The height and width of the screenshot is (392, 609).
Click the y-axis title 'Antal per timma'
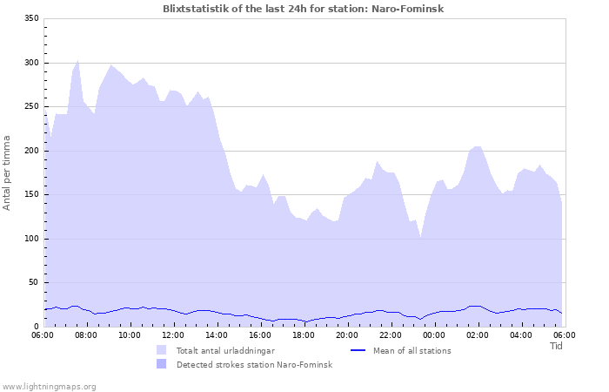(x=8, y=172)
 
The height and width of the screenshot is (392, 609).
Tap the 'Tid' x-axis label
(x=557, y=346)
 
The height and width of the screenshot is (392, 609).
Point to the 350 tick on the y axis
(x=30, y=19)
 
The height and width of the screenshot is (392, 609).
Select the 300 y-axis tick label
(x=30, y=63)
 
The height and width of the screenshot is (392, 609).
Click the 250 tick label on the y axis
(x=30, y=107)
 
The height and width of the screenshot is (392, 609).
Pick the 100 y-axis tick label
(x=30, y=239)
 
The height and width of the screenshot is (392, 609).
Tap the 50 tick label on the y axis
(x=33, y=283)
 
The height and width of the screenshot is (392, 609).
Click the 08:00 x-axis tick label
(x=86, y=335)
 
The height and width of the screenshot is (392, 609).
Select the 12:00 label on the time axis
(x=173, y=335)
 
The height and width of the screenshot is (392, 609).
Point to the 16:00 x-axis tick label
(x=260, y=335)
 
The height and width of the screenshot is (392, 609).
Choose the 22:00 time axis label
(x=391, y=335)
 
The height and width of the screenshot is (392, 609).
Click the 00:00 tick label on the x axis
(x=434, y=335)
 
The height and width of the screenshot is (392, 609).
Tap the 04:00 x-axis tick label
(x=521, y=335)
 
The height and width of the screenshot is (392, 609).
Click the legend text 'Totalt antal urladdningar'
(x=225, y=350)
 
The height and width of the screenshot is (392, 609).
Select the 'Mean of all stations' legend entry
(x=412, y=350)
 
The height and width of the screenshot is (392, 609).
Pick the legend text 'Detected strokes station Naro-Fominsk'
(x=254, y=364)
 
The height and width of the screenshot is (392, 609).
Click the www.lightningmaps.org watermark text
(x=49, y=386)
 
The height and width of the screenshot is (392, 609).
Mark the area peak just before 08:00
(x=77, y=60)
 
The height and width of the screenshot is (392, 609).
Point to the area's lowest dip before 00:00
(x=420, y=236)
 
